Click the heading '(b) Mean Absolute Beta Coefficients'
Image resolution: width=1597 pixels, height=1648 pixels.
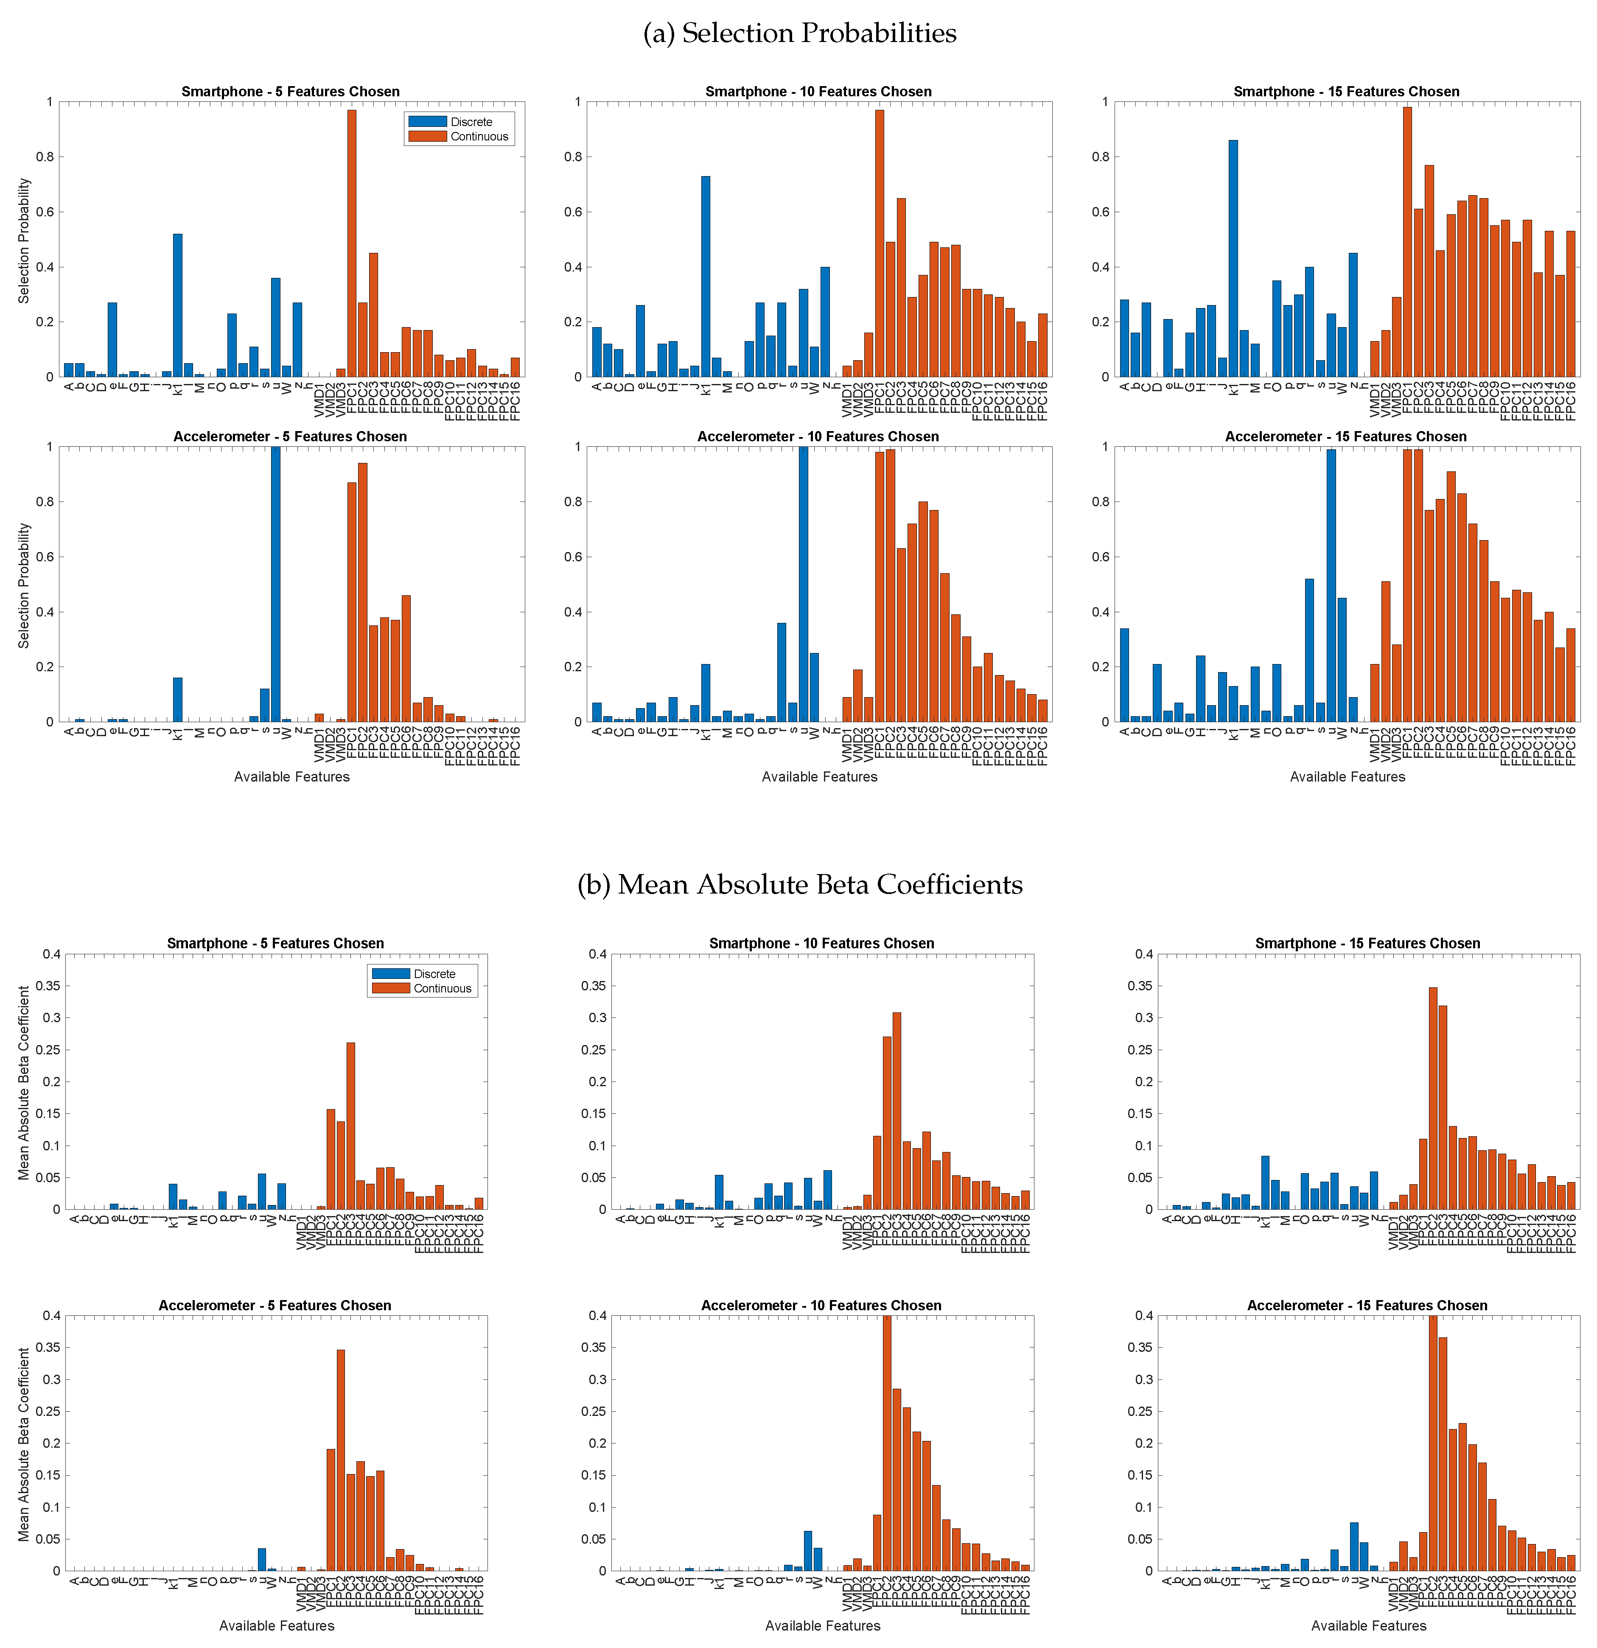coord(799,885)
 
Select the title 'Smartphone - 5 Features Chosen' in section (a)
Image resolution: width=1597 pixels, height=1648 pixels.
coord(290,92)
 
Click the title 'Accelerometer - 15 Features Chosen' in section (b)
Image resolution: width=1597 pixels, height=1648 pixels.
coord(1367,1305)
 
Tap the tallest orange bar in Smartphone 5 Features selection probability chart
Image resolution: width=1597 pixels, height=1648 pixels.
coord(352,244)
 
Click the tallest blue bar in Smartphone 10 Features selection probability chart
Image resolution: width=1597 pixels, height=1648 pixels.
coord(706,277)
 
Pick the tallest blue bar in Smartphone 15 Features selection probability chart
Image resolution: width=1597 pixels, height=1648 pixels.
coord(1233,259)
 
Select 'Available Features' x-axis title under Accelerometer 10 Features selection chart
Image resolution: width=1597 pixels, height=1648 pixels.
coord(819,777)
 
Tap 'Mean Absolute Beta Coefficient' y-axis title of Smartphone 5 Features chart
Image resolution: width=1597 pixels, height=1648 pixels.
coord(23,1083)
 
